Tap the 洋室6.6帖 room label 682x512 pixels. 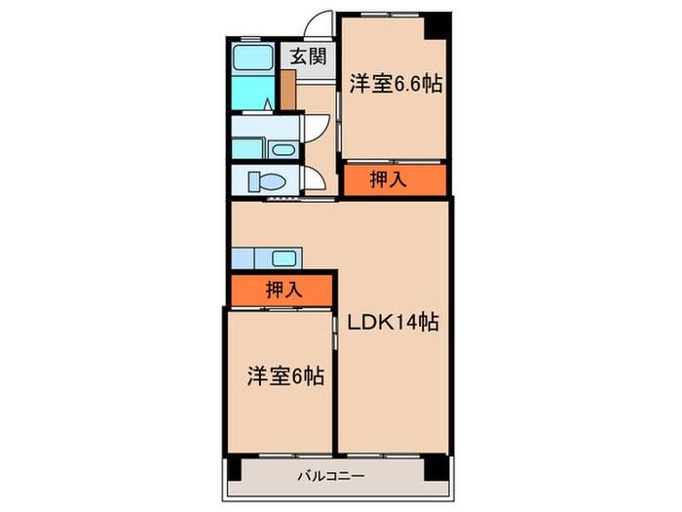(x=396, y=84)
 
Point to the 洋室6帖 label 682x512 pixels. (x=284, y=374)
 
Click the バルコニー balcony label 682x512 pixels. (x=331, y=478)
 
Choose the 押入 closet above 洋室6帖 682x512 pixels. (x=283, y=289)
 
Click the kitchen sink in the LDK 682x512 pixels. (x=284, y=258)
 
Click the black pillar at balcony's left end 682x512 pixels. (x=233, y=469)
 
